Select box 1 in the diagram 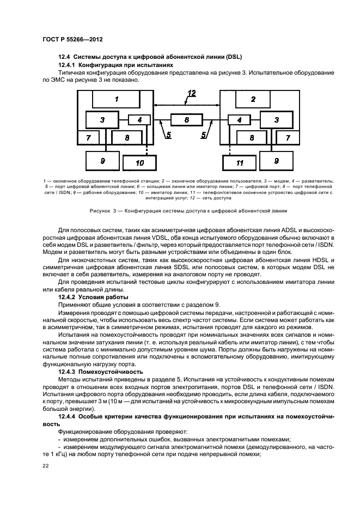click(x=117, y=99)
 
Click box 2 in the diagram click(x=253, y=99)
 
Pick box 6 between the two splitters click(x=186, y=119)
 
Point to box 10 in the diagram click(x=139, y=162)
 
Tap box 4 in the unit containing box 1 click(x=139, y=120)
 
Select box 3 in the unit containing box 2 click(x=276, y=119)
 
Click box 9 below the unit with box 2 click(x=276, y=160)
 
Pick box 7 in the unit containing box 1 click(x=88, y=138)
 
